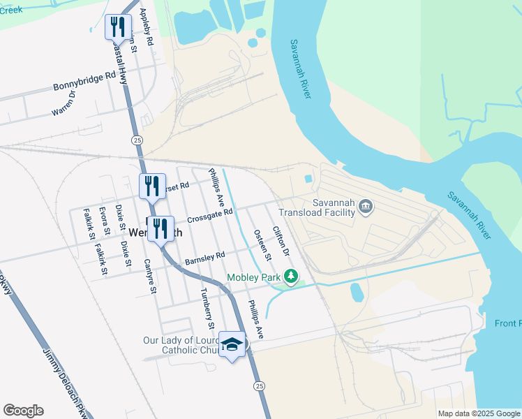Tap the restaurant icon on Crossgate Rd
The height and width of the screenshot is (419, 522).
point(161,228)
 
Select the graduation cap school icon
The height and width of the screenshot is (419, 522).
point(232,344)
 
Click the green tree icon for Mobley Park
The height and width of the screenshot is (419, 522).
point(290,278)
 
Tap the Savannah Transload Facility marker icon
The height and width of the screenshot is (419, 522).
point(366,206)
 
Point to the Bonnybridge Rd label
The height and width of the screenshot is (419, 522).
point(84,82)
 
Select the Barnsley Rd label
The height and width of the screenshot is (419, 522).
point(205,258)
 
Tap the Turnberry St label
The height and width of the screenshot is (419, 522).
point(206,309)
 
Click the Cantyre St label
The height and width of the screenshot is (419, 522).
point(148,276)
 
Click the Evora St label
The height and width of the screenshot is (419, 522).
point(104,221)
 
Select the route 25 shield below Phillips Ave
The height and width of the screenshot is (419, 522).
point(259,385)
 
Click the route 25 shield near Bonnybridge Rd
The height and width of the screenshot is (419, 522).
point(137,140)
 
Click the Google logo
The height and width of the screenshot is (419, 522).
point(23,411)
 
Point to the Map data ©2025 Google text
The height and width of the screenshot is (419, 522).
point(477,413)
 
